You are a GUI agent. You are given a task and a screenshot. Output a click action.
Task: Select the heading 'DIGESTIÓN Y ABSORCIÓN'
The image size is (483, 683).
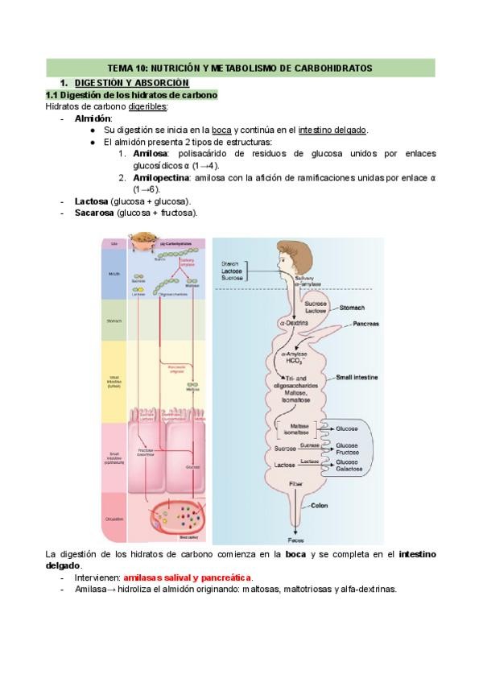(131, 83)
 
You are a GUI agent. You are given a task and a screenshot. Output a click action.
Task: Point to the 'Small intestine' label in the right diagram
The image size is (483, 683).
(358, 377)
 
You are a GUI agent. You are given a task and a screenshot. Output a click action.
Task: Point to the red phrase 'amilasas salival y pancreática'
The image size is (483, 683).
(187, 577)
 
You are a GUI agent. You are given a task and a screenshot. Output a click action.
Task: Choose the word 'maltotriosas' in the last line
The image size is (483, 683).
(304, 590)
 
